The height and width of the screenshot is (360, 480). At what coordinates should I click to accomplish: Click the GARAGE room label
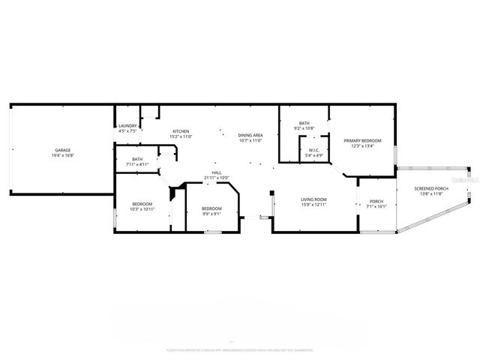click(x=63, y=150)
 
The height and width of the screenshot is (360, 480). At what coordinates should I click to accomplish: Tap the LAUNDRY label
click(x=127, y=126)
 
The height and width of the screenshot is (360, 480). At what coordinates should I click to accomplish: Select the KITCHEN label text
click(x=181, y=131)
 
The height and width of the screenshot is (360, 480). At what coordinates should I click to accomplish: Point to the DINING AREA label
click(x=250, y=134)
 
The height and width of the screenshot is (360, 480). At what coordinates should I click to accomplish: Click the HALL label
click(x=216, y=172)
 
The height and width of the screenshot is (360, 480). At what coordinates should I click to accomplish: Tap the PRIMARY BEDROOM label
click(x=362, y=141)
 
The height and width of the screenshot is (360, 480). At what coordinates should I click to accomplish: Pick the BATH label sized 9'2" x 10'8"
click(x=304, y=123)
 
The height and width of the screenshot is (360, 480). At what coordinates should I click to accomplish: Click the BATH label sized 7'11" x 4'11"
click(x=137, y=159)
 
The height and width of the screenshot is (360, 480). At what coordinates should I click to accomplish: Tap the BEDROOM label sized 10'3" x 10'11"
click(x=142, y=204)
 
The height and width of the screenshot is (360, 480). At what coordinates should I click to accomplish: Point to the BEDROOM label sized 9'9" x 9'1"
click(x=211, y=208)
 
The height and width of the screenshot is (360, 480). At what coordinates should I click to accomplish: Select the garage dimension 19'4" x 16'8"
click(x=63, y=155)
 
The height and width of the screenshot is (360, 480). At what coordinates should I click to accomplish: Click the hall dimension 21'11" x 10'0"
click(x=216, y=178)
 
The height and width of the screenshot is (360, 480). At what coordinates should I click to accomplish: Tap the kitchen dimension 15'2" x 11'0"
click(x=181, y=136)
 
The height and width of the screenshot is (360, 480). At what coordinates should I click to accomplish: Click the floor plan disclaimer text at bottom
click(x=240, y=349)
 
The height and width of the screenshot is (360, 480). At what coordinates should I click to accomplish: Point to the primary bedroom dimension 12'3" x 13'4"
click(x=362, y=146)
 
